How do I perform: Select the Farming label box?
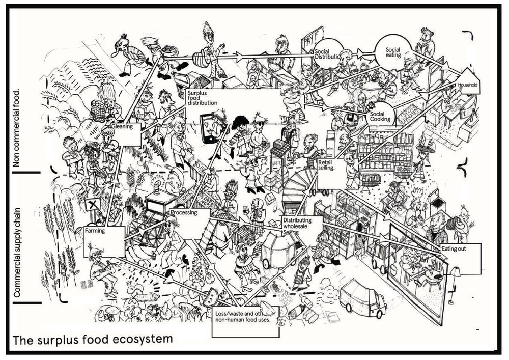[x=104, y=240]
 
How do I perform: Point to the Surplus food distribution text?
[x=202, y=98]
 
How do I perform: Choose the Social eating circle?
[x=392, y=53]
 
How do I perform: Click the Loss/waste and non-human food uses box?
[x=245, y=321]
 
